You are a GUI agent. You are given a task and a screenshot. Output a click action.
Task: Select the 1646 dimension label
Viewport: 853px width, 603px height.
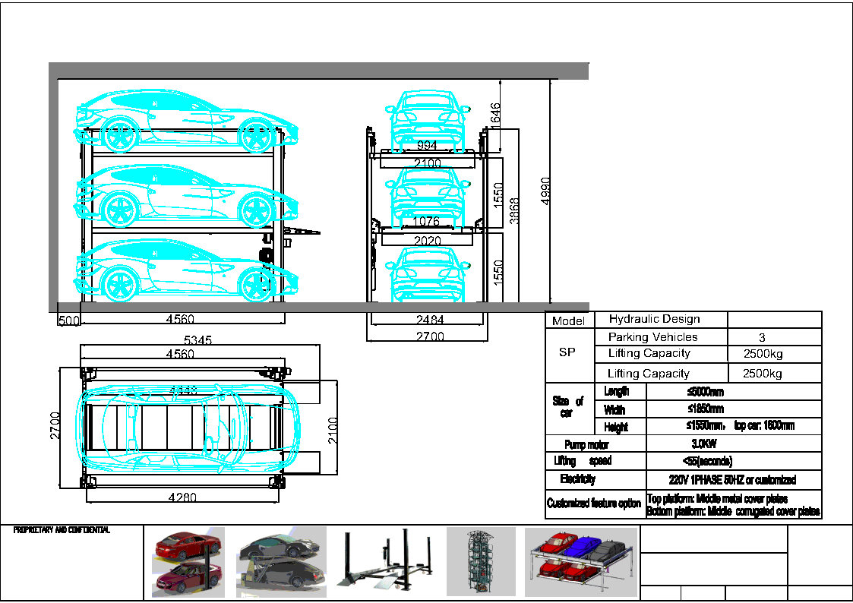495,116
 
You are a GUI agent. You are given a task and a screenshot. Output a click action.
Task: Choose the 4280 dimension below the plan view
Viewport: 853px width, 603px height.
182,498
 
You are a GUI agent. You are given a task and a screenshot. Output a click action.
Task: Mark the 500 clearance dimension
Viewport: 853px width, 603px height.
68,320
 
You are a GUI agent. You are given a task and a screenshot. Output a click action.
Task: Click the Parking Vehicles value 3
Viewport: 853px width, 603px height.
762,337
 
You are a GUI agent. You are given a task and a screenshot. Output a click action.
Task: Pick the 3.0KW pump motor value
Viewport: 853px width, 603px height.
703,444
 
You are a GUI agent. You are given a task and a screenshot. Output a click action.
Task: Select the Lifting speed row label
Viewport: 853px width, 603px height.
583,461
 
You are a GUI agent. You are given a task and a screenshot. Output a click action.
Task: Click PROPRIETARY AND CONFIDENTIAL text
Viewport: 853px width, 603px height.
62,530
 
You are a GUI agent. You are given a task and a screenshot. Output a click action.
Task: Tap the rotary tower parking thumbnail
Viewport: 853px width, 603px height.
480,561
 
